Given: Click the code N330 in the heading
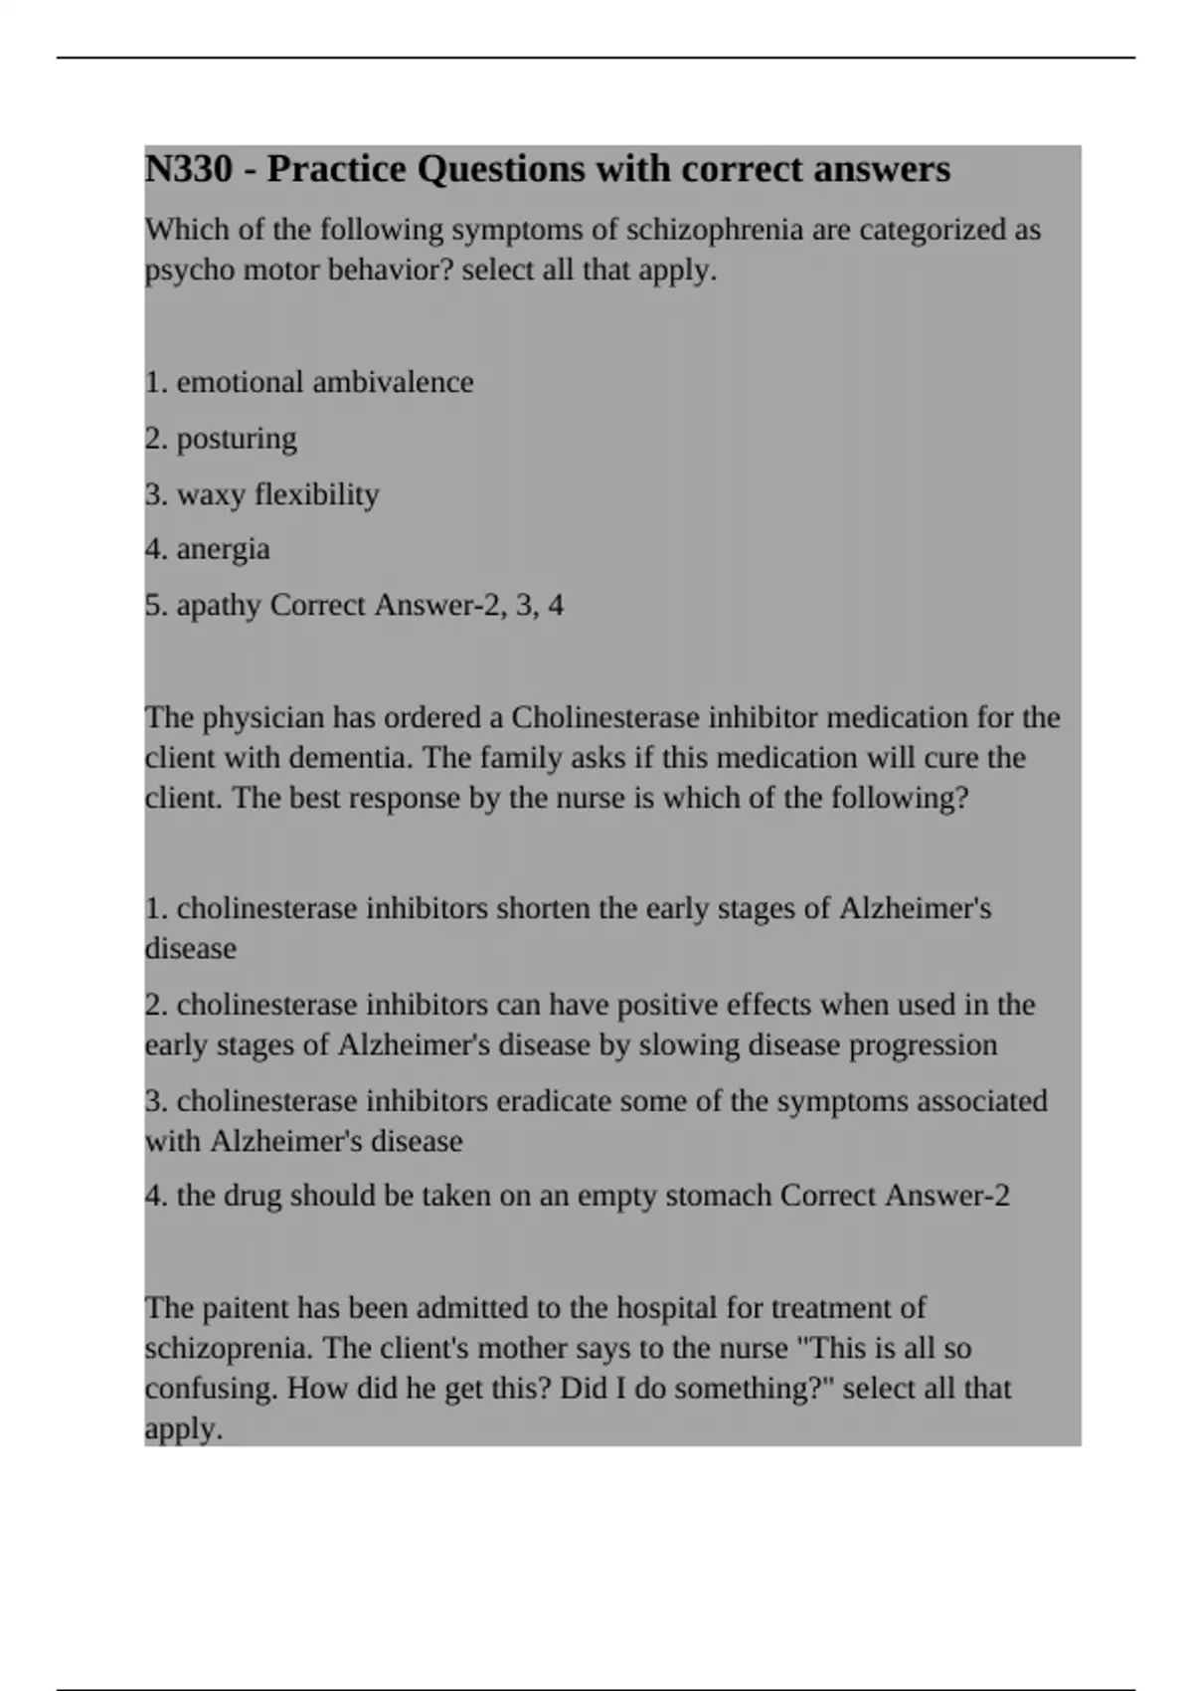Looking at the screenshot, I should click(189, 169).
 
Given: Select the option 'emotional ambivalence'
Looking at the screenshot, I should click(325, 382).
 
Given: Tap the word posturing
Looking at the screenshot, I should click(237, 439).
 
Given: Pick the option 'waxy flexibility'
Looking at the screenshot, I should click(277, 494).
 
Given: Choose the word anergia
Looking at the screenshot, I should click(223, 549).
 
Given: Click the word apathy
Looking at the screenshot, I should click(219, 605).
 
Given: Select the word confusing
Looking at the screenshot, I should click(209, 1388).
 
